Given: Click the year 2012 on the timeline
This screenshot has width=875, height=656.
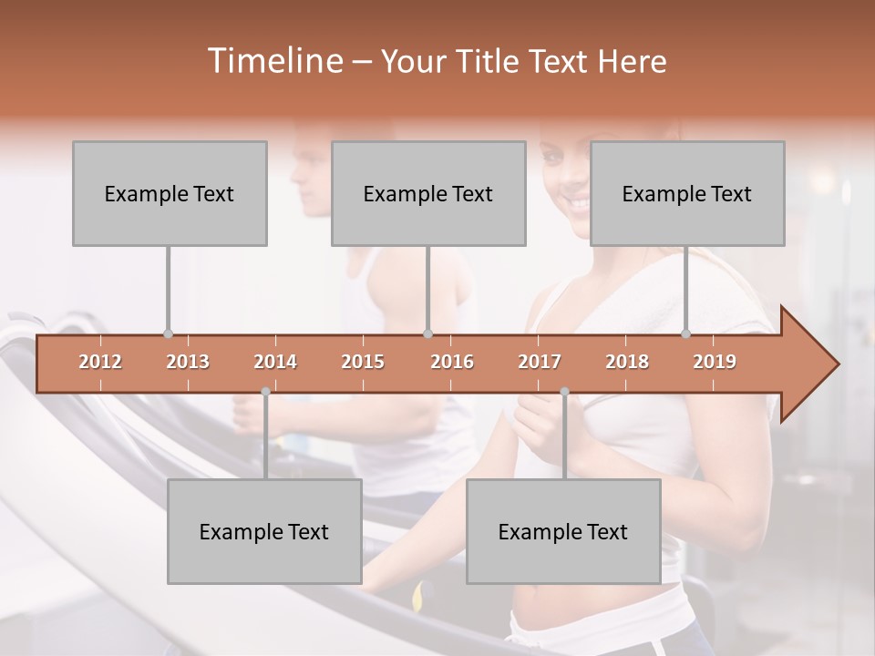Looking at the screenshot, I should coord(100,362).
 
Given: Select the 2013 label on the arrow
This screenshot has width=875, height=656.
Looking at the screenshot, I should coord(188,362).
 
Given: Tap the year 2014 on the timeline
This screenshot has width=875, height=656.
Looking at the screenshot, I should coord(275,362).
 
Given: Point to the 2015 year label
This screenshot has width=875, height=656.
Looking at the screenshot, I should coord(363,362).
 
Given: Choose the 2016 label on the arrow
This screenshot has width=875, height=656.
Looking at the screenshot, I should coord(451,362).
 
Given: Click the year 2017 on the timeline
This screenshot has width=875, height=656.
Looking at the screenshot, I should coord(540,362).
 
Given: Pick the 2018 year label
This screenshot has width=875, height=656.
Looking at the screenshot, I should coord(627,362).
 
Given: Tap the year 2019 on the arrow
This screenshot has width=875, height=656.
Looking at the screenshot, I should coord(715,362).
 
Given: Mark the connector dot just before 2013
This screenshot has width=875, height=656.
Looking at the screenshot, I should coord(168,333).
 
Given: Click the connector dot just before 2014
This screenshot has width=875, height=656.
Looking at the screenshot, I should coord(265,392).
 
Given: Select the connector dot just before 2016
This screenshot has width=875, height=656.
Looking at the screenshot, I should coord(427,333).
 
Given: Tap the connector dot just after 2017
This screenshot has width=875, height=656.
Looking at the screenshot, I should coord(564,392).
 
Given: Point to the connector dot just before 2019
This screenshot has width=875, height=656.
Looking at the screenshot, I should coord(686,333).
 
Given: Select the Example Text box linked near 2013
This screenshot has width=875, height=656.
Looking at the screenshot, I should coord(170,193).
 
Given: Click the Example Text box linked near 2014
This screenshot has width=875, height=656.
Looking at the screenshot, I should coord(264,531).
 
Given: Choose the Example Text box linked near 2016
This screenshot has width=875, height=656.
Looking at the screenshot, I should coord(428,193).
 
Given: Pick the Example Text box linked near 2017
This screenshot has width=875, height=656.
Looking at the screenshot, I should coord(563,531).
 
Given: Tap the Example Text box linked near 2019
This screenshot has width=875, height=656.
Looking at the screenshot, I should coord(687,193).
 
